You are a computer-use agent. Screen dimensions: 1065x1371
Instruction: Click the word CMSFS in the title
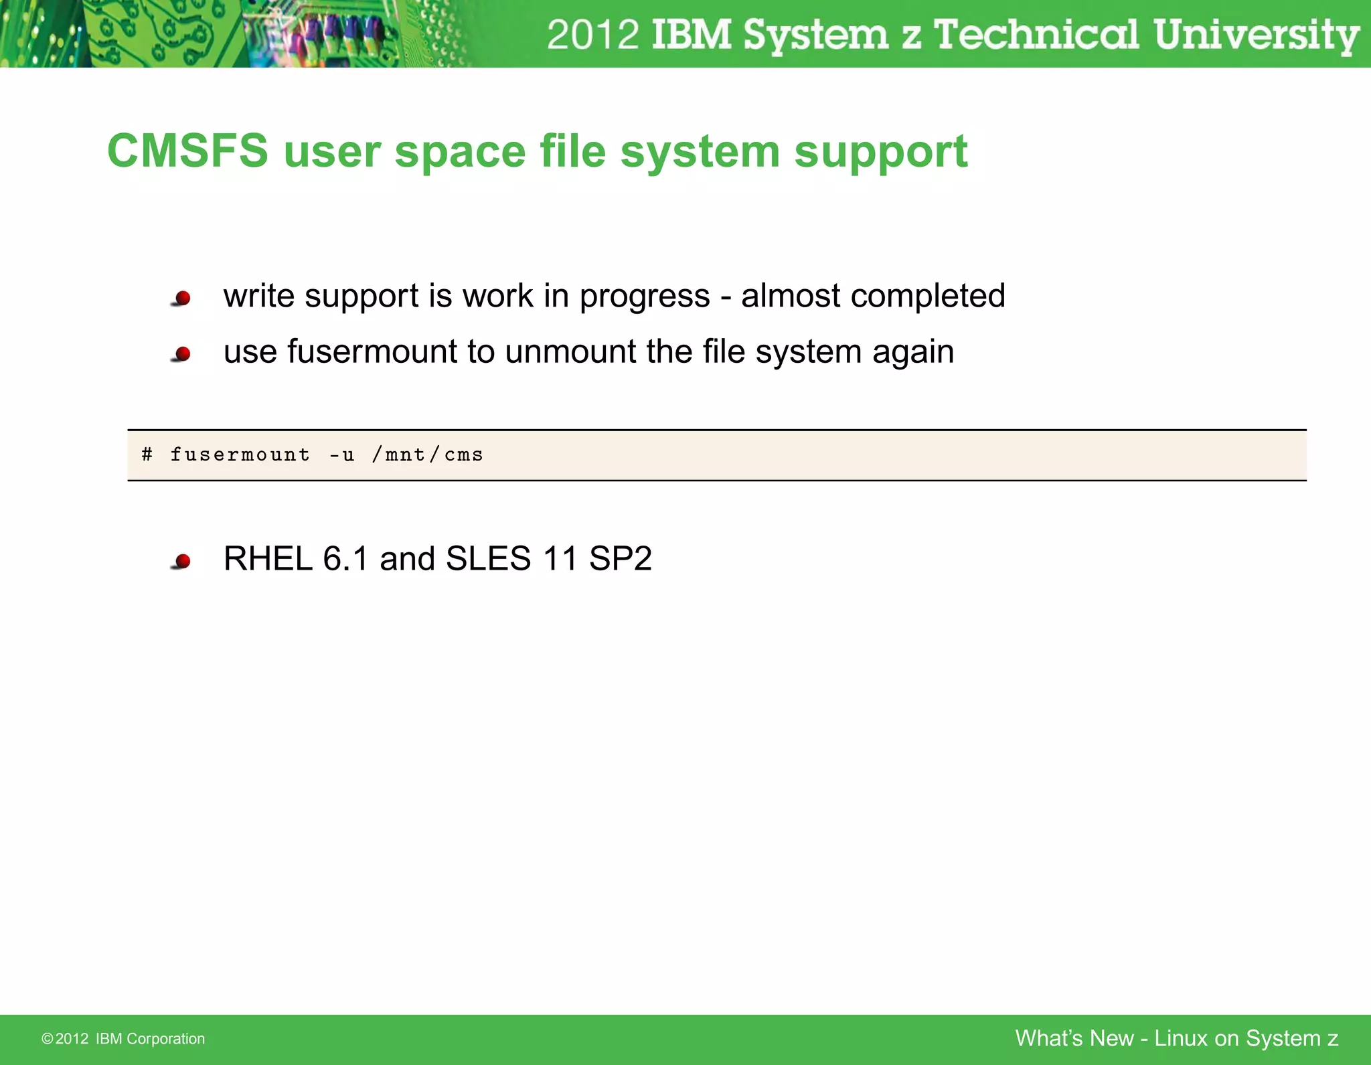(187, 151)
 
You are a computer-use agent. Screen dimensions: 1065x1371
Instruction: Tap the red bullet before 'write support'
(182, 298)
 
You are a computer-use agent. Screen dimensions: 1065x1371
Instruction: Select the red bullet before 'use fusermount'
(182, 353)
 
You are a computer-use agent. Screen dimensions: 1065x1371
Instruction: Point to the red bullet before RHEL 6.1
(182, 560)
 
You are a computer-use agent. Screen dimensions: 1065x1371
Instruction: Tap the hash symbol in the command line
(147, 455)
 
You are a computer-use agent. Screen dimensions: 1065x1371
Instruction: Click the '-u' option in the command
(341, 455)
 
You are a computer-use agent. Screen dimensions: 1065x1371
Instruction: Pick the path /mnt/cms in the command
(428, 455)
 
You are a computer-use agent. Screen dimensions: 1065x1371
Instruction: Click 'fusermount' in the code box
(240, 455)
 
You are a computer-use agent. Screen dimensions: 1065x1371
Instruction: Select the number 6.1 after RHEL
(345, 558)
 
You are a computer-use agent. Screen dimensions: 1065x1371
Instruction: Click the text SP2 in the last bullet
(620, 558)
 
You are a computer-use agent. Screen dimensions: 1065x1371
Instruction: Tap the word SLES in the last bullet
(488, 558)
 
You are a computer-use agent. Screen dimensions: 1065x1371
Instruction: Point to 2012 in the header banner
(593, 35)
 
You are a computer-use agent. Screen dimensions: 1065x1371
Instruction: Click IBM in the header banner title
(691, 35)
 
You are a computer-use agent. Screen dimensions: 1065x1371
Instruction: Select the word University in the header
(1256, 35)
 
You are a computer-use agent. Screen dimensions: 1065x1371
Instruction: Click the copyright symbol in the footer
(47, 1039)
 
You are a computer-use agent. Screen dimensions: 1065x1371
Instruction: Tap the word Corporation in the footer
(165, 1039)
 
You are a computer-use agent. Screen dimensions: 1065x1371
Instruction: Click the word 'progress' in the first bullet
(644, 296)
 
